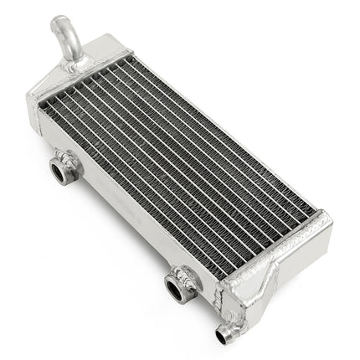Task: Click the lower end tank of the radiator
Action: pyautogui.click(x=276, y=268)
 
